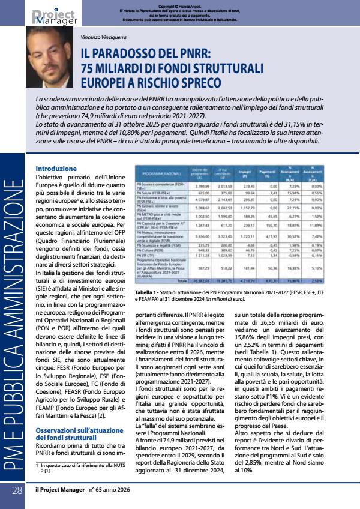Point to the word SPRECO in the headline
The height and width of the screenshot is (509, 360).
click(196, 82)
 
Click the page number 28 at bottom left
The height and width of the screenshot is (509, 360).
click(17, 490)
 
